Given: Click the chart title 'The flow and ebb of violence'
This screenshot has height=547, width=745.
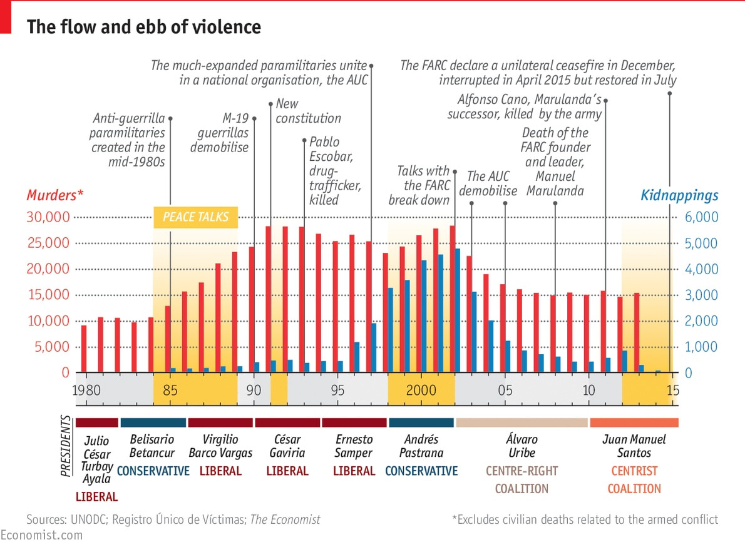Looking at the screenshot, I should coord(144,27).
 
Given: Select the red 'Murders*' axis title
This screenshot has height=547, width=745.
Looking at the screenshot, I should coord(55,195).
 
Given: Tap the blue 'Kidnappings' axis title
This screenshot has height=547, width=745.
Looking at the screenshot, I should coord(679,195).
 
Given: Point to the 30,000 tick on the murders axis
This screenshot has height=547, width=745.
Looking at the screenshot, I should coord(48,217).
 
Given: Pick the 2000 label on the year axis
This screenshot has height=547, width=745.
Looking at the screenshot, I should coord(421,391).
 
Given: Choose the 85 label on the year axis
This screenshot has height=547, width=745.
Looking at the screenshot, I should coord(170,391).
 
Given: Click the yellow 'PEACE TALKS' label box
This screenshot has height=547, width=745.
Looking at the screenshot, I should coord(196,217).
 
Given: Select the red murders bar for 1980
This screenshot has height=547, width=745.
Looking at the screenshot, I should coord(84,349).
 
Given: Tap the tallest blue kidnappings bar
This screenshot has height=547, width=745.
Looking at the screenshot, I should coord(458,310).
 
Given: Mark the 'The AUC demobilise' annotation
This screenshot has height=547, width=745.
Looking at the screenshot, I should coord(488,183).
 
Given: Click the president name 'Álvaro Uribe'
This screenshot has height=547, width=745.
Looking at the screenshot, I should coord(521,446).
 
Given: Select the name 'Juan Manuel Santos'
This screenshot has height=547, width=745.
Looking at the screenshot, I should coord(634,446).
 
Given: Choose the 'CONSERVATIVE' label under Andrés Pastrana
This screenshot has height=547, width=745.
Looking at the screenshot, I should coord(421,471).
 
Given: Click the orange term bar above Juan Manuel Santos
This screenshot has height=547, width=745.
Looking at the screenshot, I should coord(634,422).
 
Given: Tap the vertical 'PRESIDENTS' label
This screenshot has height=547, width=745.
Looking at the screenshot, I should coord(66,447).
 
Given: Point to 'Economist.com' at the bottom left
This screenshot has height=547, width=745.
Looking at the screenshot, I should coord(41,535).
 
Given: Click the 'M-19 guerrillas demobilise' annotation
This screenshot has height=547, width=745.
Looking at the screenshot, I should coord(220,132).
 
